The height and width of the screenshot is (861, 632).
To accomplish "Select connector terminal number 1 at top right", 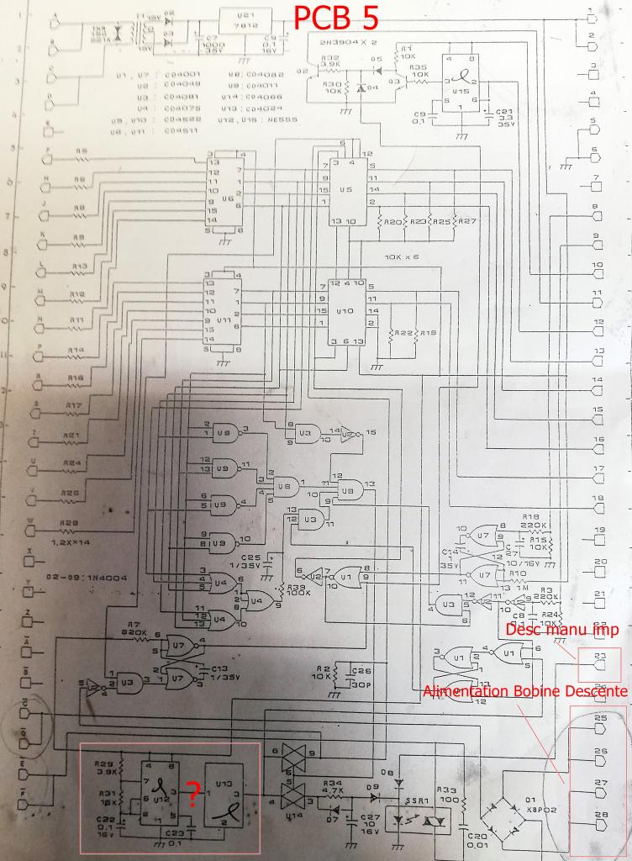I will pos(594,15).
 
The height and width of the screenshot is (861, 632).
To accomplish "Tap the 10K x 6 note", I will pos(401,255).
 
